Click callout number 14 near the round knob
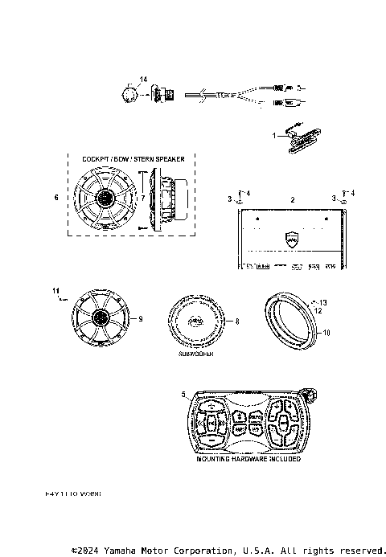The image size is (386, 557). [x=143, y=79]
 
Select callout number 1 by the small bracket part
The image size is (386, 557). [x=273, y=135]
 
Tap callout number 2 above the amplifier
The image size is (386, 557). [x=292, y=198]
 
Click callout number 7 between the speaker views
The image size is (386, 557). [x=142, y=198]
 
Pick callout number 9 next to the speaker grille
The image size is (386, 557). [x=140, y=319]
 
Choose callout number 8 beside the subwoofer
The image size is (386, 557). [x=237, y=321]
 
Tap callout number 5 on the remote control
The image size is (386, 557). [x=184, y=394]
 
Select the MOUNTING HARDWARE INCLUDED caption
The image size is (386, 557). [x=248, y=459]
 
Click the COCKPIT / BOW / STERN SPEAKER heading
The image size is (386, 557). [x=133, y=159]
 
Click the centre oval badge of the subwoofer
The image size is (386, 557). [x=197, y=321]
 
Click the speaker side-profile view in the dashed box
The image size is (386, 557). [x=170, y=198]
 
